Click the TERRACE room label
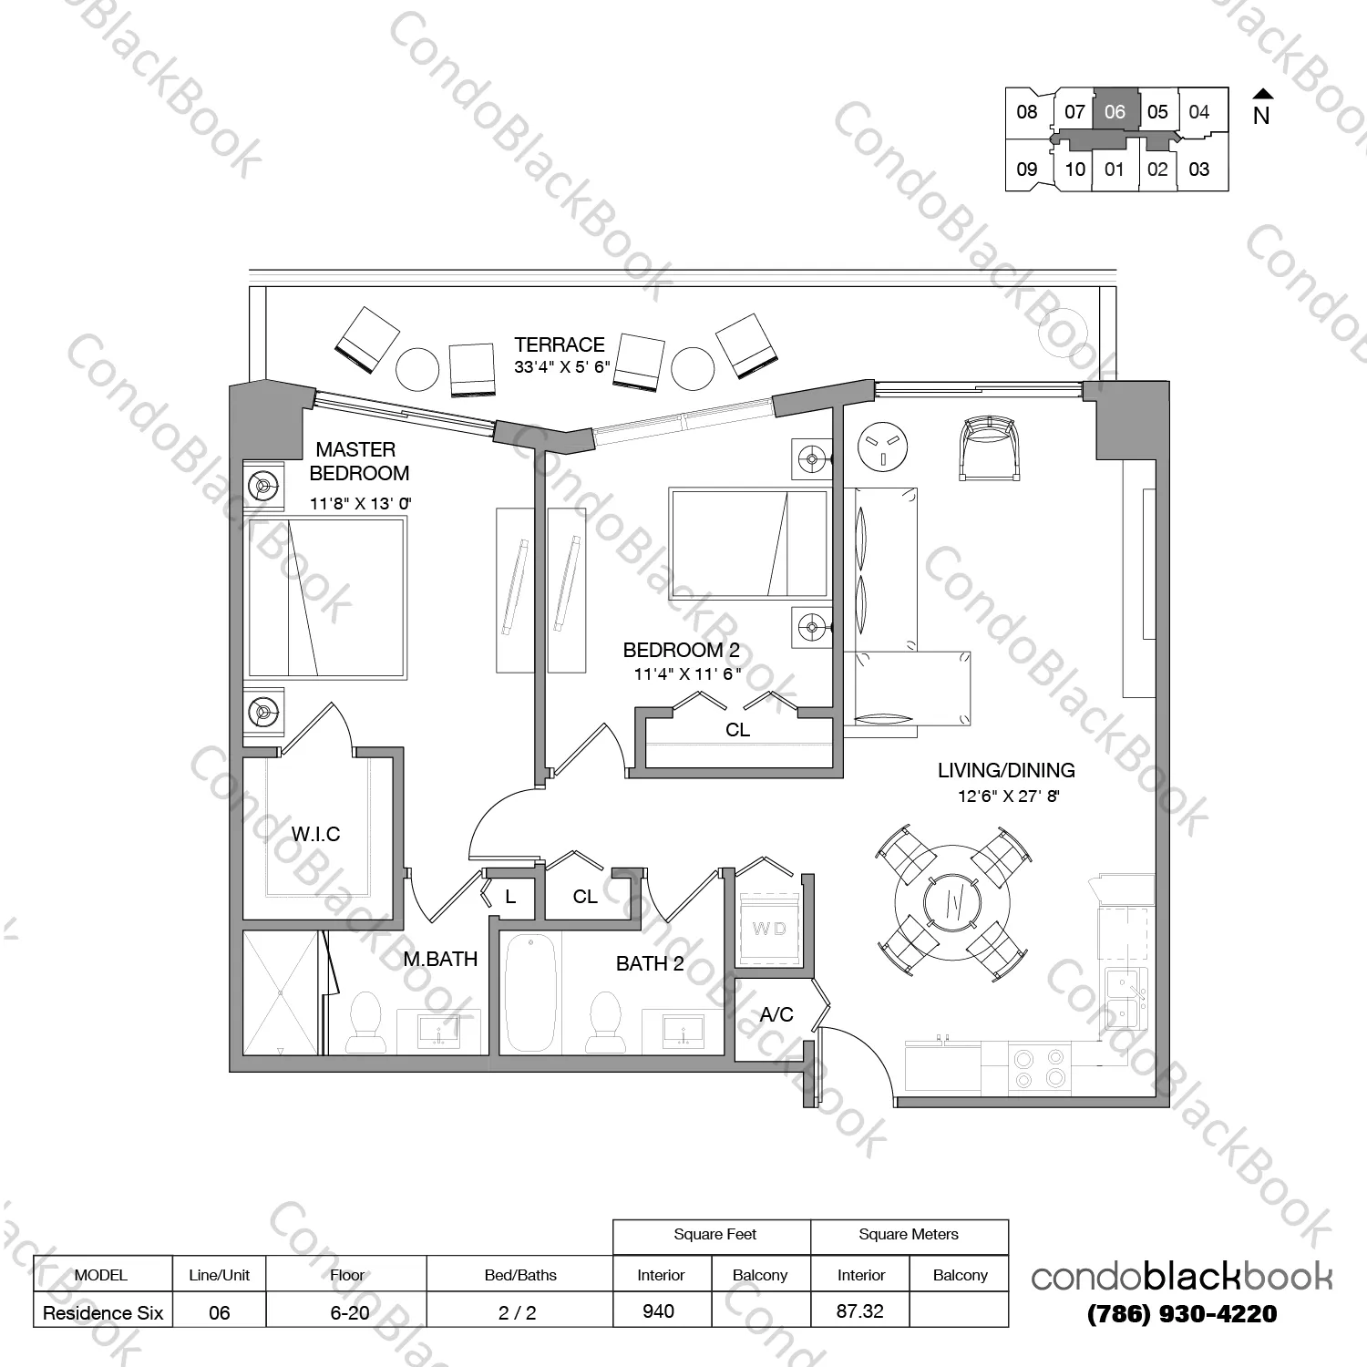pyautogui.click(x=560, y=344)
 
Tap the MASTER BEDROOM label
pyautogui.click(x=358, y=461)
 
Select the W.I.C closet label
pyautogui.click(x=315, y=834)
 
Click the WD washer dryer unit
pyautogui.click(x=769, y=928)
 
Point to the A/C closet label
pyautogui.click(x=776, y=1014)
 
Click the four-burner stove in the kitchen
pyautogui.click(x=1040, y=1068)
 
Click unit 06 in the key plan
pyautogui.click(x=1115, y=111)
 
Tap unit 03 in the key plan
pyautogui.click(x=1199, y=169)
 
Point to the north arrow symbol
pyautogui.click(x=1262, y=94)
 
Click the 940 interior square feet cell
pyautogui.click(x=658, y=1310)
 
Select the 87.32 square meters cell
pyautogui.click(x=859, y=1310)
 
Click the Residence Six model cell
pyautogui.click(x=103, y=1312)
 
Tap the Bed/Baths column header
pyautogui.click(x=520, y=1275)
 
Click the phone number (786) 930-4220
pyautogui.click(x=1182, y=1314)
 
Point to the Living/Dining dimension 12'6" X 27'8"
pyautogui.click(x=1009, y=796)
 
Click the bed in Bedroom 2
pyautogui.click(x=749, y=543)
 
